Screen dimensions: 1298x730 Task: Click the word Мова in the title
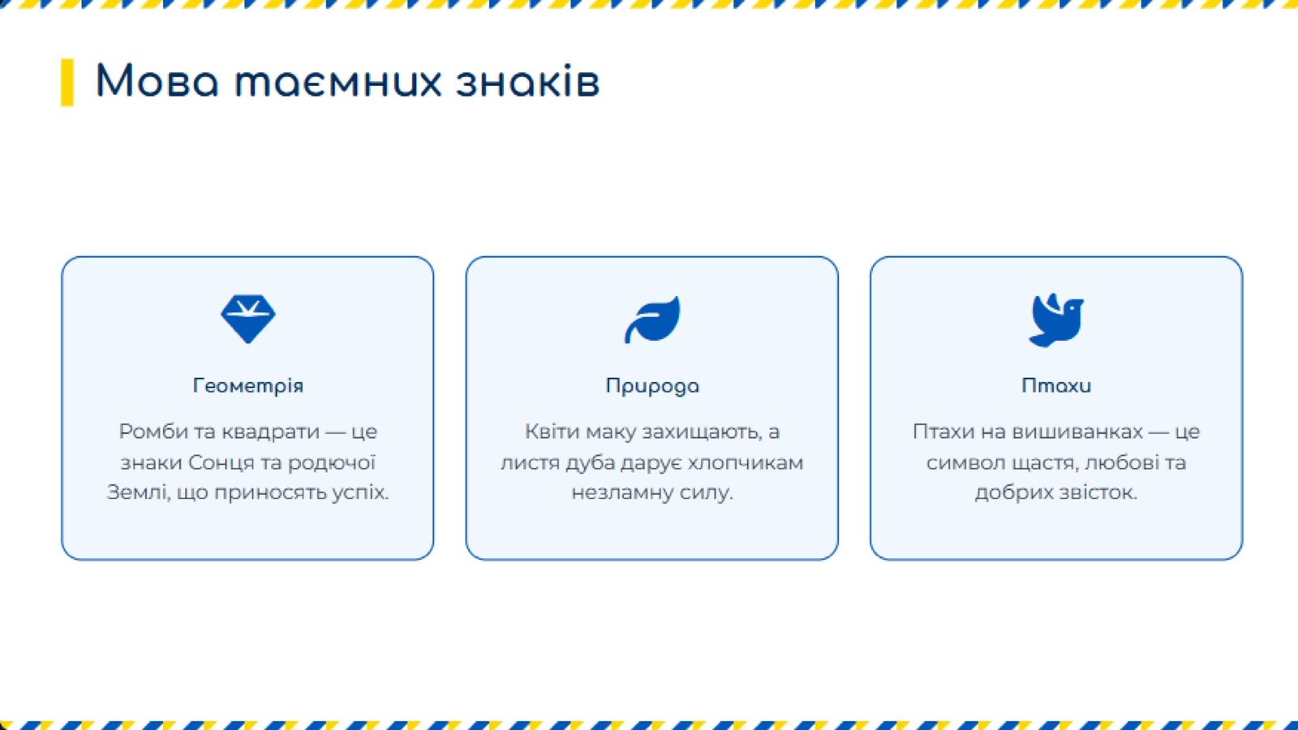point(157,81)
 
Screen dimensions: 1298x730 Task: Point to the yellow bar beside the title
point(67,82)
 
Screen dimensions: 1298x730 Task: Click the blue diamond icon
point(248,319)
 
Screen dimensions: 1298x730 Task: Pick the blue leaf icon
point(652,320)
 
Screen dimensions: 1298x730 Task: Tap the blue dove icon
point(1055,320)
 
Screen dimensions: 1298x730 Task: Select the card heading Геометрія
point(248,385)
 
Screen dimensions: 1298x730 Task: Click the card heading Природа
point(652,386)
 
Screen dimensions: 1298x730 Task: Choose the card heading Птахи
point(1056,385)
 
